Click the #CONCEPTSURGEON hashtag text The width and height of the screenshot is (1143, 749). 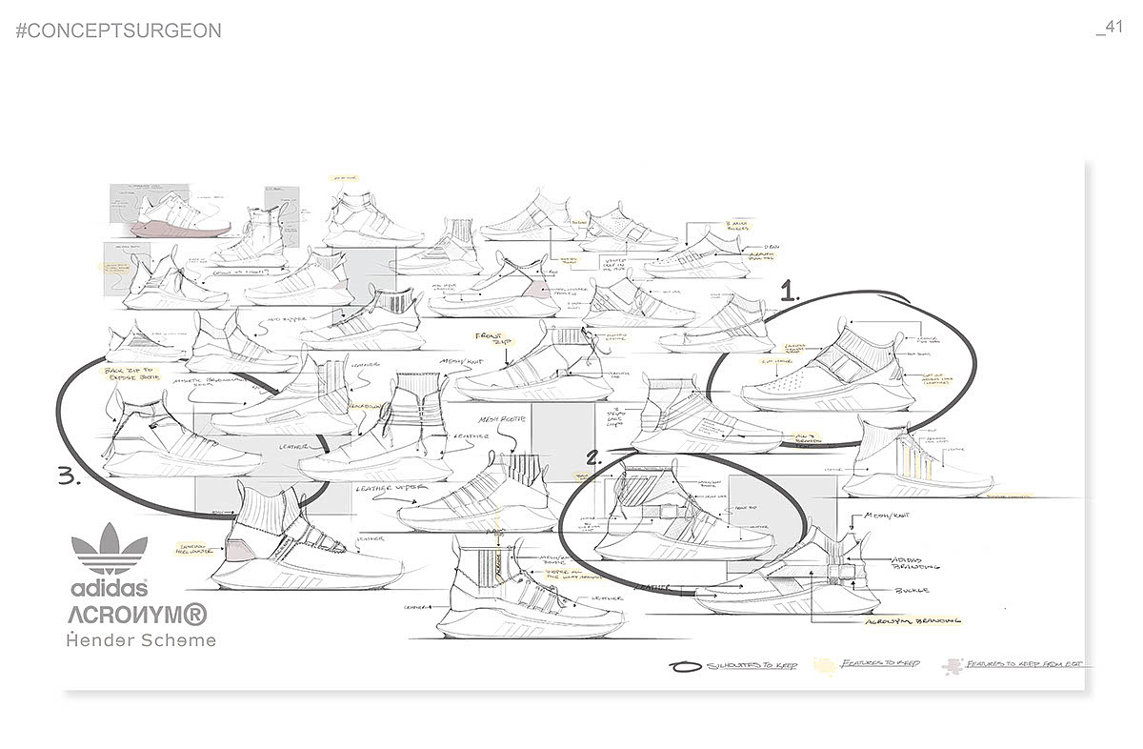119,30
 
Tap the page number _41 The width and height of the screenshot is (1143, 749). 1110,27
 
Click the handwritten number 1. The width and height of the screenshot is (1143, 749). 789,294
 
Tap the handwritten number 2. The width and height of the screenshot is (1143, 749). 593,457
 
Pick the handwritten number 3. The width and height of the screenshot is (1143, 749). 70,477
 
